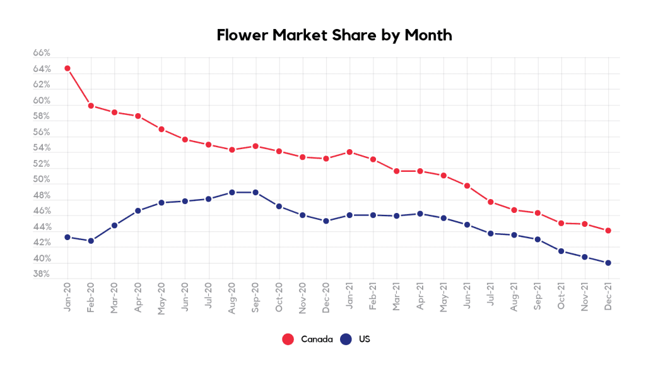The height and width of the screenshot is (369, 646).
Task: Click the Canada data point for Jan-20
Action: (67, 68)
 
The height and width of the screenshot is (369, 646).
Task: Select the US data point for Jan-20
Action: (67, 237)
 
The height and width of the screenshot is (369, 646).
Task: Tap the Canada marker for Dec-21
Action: (608, 231)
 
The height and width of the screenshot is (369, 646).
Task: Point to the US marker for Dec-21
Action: (608, 263)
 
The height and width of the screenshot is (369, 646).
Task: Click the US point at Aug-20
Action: (232, 192)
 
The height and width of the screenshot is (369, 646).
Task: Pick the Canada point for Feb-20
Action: (91, 106)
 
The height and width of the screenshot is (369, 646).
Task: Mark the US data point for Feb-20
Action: (91, 241)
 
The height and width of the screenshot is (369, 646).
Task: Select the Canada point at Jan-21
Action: (349, 152)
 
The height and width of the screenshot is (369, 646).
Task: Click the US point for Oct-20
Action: (279, 207)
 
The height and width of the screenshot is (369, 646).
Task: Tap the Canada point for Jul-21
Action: (490, 202)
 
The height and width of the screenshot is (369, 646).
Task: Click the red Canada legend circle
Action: (288, 339)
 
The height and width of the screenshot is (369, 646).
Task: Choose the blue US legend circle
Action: (346, 339)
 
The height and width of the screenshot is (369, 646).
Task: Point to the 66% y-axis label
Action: (42, 53)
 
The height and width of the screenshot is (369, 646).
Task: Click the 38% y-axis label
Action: (42, 274)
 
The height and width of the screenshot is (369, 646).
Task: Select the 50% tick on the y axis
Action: (42, 179)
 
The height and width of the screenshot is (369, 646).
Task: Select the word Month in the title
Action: (428, 35)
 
